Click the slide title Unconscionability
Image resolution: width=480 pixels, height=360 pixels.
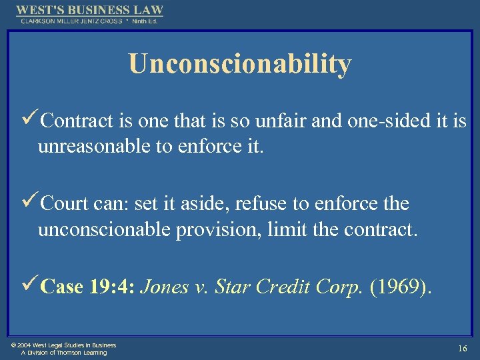[240, 64]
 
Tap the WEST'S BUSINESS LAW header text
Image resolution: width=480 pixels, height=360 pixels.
[89, 10]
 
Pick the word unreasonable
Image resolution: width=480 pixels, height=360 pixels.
[94, 146]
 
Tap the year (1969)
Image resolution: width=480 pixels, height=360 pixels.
[404, 287]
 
